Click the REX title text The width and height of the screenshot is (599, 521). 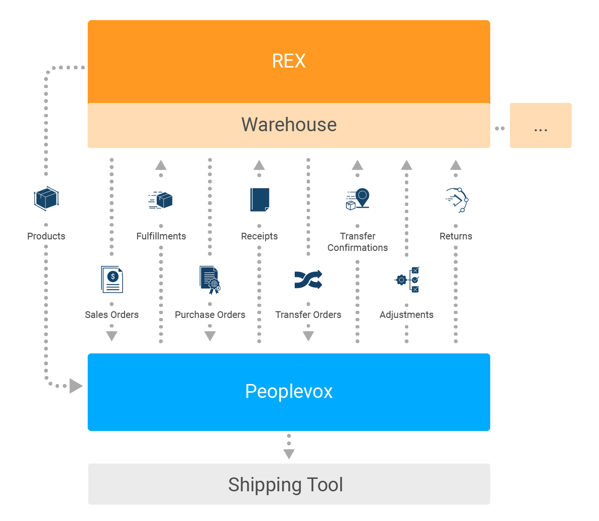pyautogui.click(x=288, y=61)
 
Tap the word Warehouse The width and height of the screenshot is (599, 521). pyautogui.click(x=288, y=125)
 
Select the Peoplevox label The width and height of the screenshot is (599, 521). pyautogui.click(x=288, y=391)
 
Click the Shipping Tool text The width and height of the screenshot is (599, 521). pyautogui.click(x=286, y=484)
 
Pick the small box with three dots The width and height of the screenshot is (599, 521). pyautogui.click(x=541, y=125)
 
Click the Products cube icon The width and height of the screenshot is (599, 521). pyautogui.click(x=46, y=200)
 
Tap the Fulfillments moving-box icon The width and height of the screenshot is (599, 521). pyautogui.click(x=161, y=200)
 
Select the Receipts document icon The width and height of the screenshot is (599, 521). pyautogui.click(x=259, y=200)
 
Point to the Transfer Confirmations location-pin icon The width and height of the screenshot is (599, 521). pyautogui.click(x=357, y=200)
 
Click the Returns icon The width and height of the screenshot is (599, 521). pyautogui.click(x=456, y=200)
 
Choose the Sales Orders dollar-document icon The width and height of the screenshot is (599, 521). pyautogui.click(x=112, y=279)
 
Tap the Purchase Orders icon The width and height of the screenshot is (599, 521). pyautogui.click(x=210, y=279)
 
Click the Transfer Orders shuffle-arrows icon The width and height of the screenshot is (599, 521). pyautogui.click(x=308, y=279)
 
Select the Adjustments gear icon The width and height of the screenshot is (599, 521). pyautogui.click(x=406, y=279)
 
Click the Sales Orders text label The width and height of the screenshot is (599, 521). pyautogui.click(x=112, y=315)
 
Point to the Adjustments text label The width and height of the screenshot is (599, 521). pyautogui.click(x=406, y=315)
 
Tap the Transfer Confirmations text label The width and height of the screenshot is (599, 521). pyautogui.click(x=357, y=242)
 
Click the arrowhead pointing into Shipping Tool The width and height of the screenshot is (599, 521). pyautogui.click(x=288, y=453)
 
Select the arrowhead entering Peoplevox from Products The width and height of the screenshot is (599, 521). pyautogui.click(x=76, y=385)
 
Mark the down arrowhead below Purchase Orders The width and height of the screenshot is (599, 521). pyautogui.click(x=210, y=336)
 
